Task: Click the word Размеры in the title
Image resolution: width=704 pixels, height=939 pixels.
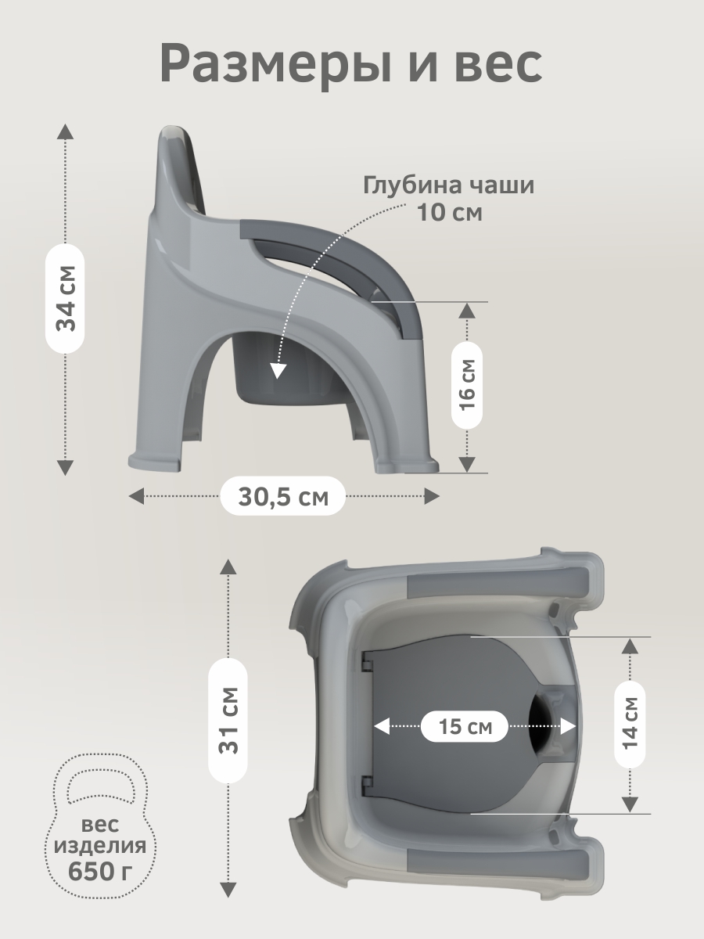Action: pyautogui.click(x=275, y=64)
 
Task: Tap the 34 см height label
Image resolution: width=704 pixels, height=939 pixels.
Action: pyautogui.click(x=65, y=299)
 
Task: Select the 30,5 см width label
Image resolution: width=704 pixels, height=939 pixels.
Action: pyautogui.click(x=283, y=496)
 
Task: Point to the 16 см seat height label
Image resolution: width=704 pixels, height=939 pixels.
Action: pyautogui.click(x=467, y=385)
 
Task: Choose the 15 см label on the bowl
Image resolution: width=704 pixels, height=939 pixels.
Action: pyautogui.click(x=465, y=726)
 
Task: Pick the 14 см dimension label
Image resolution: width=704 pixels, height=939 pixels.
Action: pyautogui.click(x=630, y=723)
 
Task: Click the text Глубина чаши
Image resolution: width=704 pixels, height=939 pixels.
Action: pyautogui.click(x=449, y=185)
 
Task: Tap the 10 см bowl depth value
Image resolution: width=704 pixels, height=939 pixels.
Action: pyautogui.click(x=450, y=213)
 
